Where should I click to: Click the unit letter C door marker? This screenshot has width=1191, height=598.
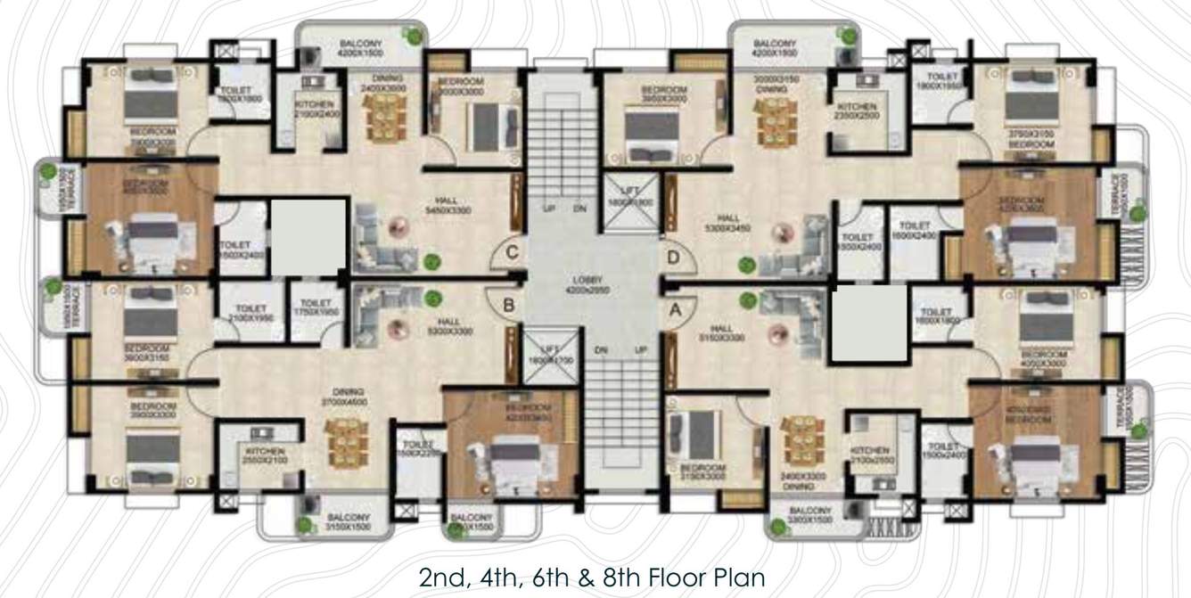[511, 252]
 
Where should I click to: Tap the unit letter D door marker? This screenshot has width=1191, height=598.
[674, 257]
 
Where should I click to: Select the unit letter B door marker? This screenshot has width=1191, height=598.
[508, 307]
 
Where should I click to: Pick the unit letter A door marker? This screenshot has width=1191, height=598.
[676, 310]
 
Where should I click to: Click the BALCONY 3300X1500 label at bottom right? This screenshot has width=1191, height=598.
[811, 515]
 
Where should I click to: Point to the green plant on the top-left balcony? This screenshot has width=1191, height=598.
[413, 35]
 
